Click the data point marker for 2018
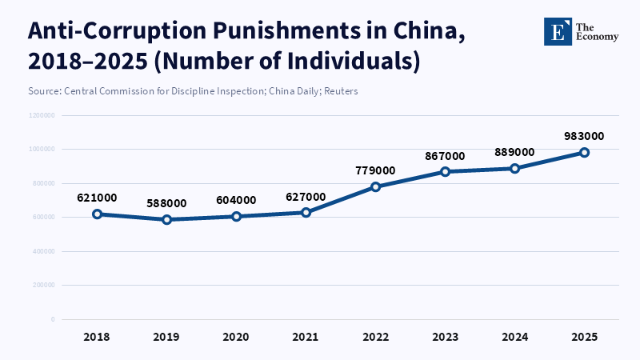[97, 214]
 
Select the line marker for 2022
[375, 186]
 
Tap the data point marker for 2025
[584, 152]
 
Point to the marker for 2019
[166, 219]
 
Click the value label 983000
[584, 136]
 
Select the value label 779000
[375, 170]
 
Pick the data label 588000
[166, 203]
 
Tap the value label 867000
[445, 155]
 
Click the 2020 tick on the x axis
[236, 336]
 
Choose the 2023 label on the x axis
[445, 336]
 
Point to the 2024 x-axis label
[514, 336]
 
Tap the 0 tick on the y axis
[53, 319]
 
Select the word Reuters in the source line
[340, 91]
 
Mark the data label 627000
[306, 197]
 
